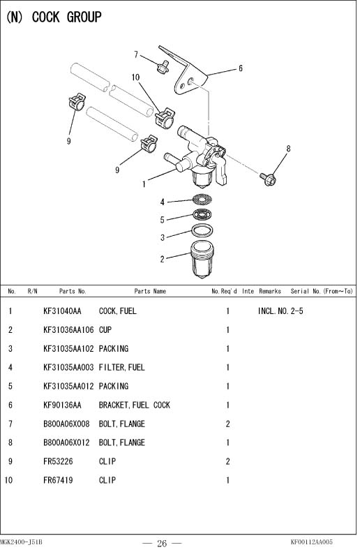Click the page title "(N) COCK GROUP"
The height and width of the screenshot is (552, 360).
[x=54, y=17]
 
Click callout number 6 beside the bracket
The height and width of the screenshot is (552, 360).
[x=241, y=68]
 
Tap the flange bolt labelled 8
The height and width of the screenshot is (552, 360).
[x=268, y=179]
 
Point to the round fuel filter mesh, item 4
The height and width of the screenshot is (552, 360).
[x=202, y=200]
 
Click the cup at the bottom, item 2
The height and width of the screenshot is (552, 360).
[x=202, y=260]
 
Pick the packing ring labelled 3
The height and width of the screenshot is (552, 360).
[x=202, y=230]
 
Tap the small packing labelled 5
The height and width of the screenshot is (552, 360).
[x=203, y=214]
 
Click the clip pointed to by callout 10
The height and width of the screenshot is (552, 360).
[x=165, y=119]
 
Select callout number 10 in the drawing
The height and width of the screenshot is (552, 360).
[x=135, y=77]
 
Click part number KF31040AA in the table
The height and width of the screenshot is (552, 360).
[x=62, y=311]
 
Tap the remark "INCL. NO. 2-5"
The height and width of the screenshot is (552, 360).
[x=280, y=311]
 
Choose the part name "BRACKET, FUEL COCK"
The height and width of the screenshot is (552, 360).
[x=135, y=405]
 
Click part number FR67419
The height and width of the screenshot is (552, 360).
[x=58, y=480]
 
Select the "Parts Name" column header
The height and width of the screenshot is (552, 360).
[x=150, y=291]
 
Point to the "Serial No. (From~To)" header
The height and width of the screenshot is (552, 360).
[x=322, y=291]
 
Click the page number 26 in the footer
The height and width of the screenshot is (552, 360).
[x=162, y=543]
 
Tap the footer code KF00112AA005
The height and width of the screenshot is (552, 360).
[x=311, y=542]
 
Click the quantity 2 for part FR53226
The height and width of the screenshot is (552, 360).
[x=227, y=461]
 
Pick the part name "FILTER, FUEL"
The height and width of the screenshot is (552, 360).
[x=122, y=368]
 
